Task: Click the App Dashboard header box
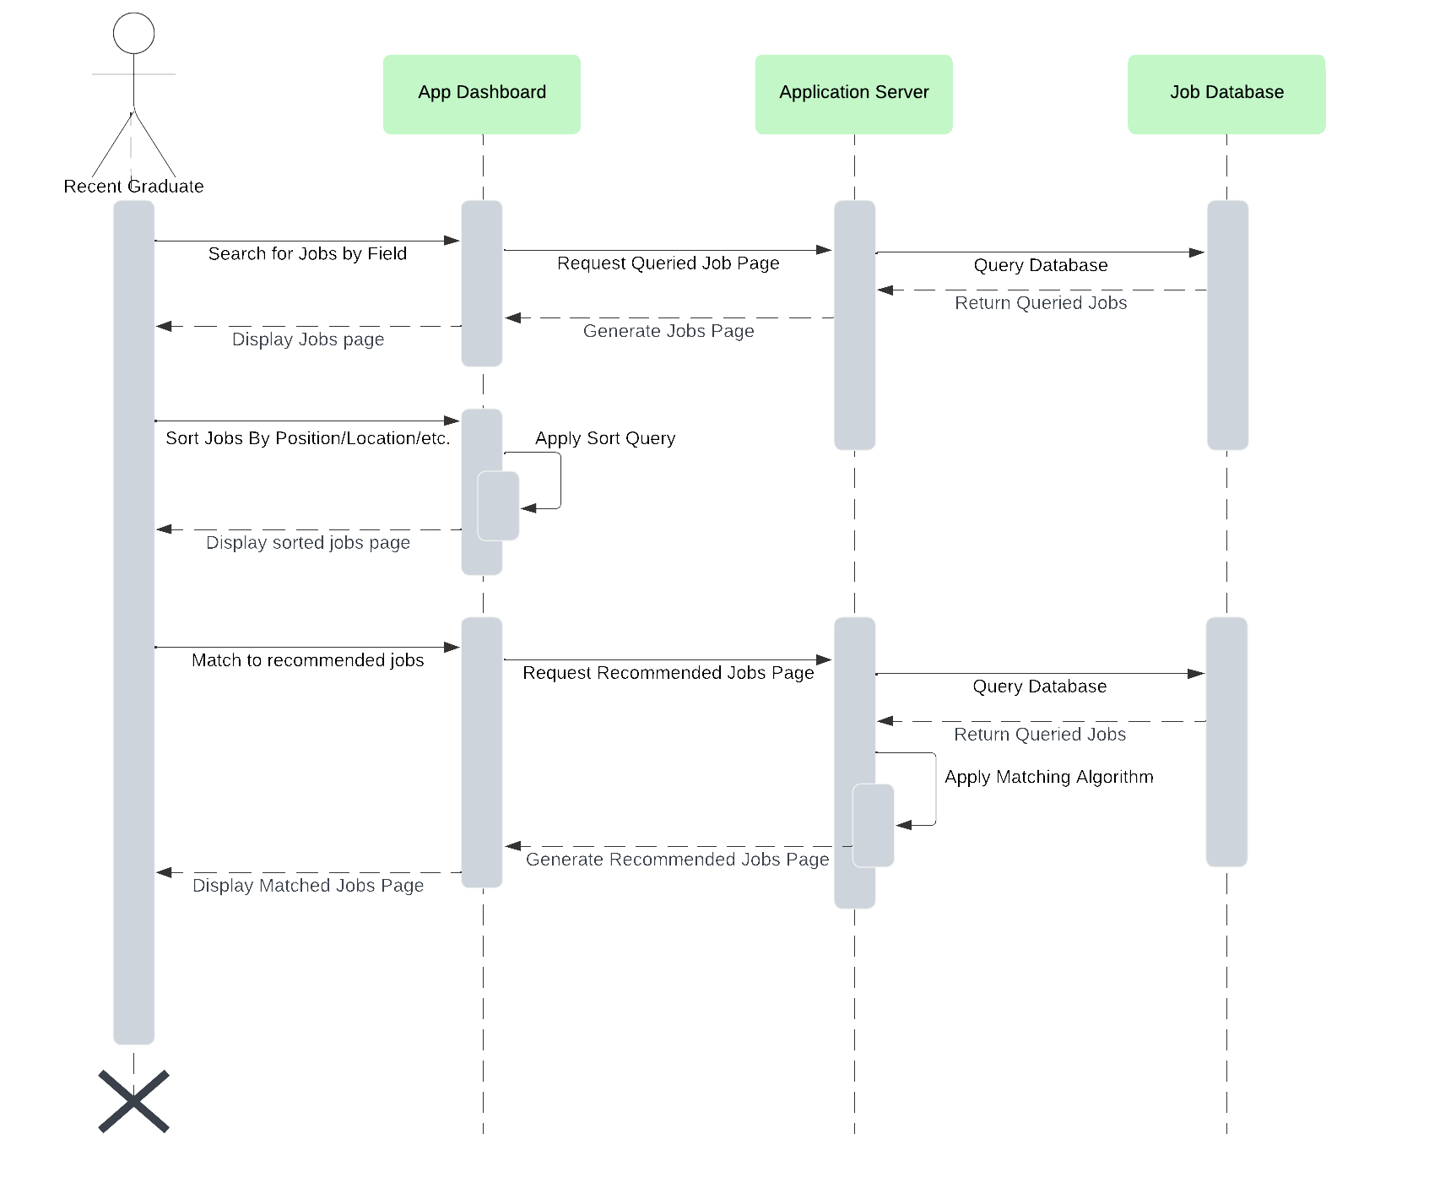point(481,94)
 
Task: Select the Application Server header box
point(853,94)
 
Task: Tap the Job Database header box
point(1226,94)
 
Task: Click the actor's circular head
point(133,34)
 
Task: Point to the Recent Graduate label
point(133,187)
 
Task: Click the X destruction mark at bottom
point(133,1101)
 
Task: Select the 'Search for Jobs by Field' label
point(307,254)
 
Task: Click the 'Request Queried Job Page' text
point(668,263)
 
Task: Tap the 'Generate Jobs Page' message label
point(668,331)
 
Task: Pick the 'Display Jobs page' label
point(307,339)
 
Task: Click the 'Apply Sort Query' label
point(604,438)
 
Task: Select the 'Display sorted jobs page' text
point(307,543)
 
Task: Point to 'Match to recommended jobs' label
point(307,660)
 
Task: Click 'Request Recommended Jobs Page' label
point(668,673)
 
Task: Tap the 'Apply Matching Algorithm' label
point(1048,777)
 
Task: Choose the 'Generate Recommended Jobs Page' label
point(677,860)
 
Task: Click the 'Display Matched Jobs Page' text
point(307,886)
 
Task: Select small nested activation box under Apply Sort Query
point(498,506)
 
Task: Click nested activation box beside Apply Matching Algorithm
point(873,825)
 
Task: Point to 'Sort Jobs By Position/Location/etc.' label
point(307,438)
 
